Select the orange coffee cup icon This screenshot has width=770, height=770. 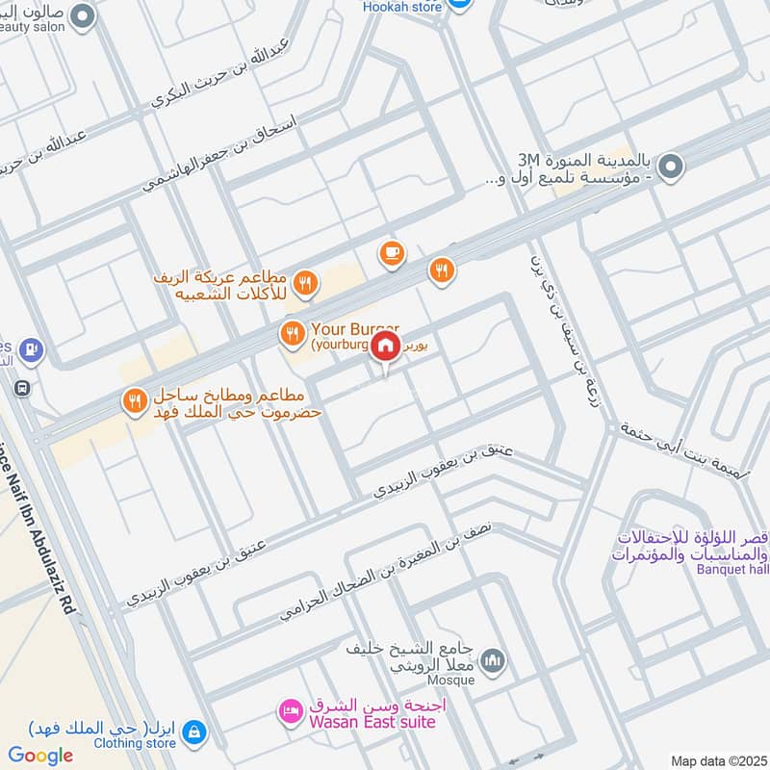392,253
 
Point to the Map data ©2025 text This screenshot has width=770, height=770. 717,760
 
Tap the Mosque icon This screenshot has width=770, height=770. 493,661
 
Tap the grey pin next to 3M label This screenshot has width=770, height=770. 671,166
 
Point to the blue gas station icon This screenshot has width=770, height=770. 32,347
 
